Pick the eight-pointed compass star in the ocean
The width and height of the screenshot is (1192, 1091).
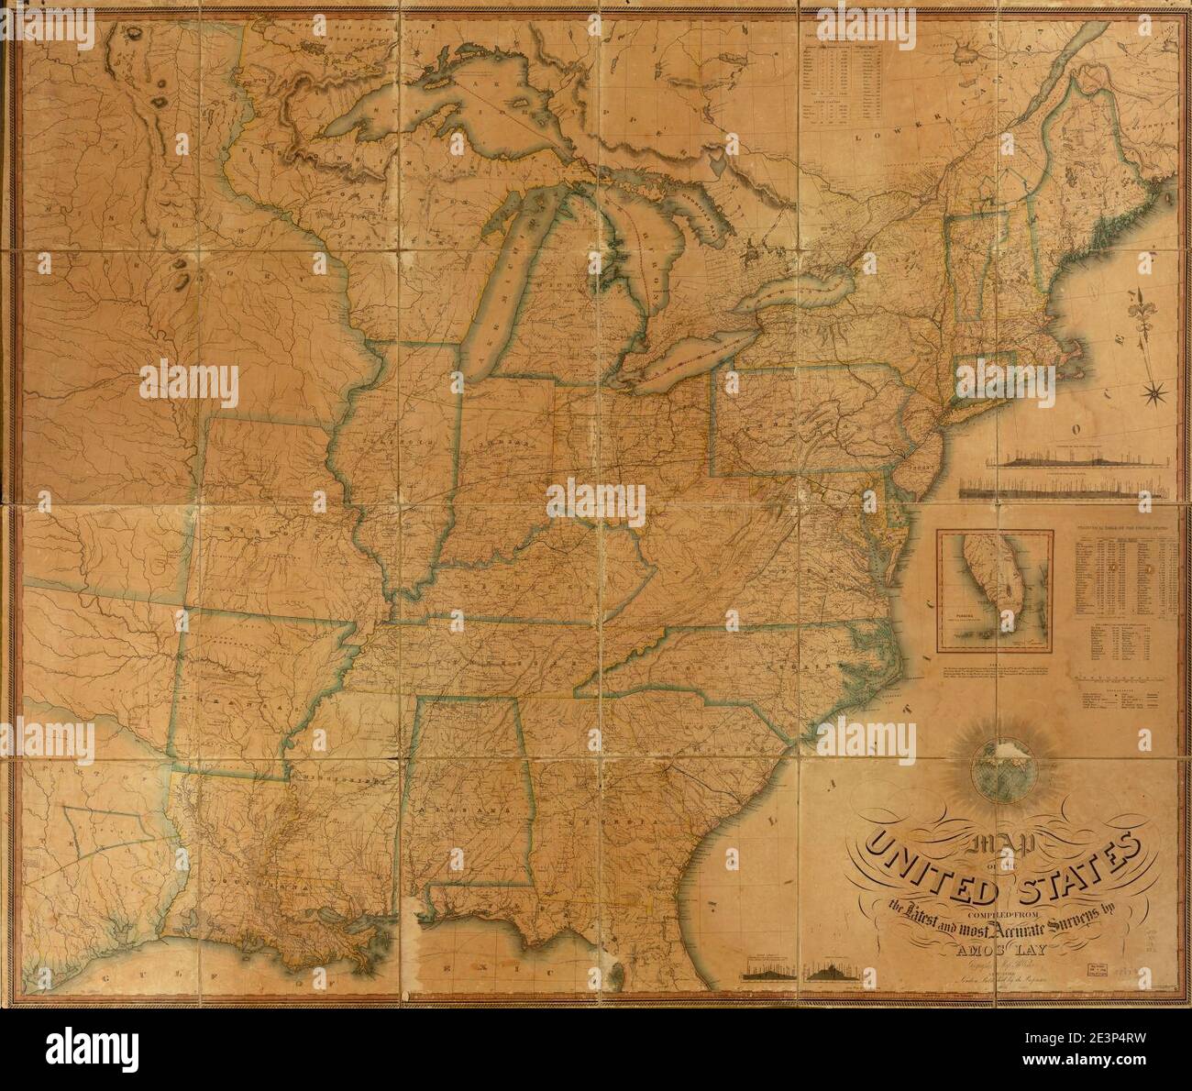pos(1155,395)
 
